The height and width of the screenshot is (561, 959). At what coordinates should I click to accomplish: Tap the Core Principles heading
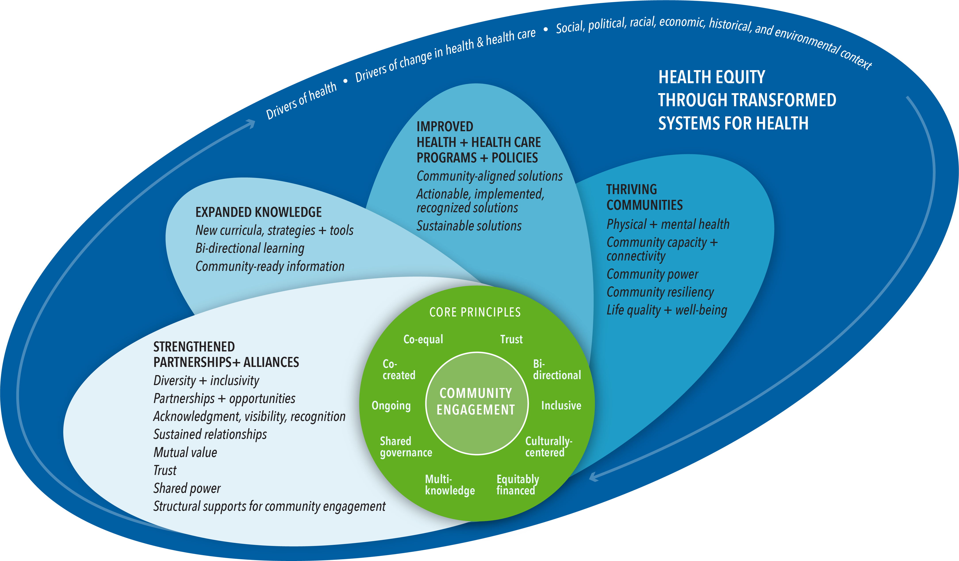pyautogui.click(x=475, y=312)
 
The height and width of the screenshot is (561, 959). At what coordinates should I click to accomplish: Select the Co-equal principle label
pyautogui.click(x=423, y=339)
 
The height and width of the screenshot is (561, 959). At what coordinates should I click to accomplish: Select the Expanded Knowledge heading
pyautogui.click(x=258, y=212)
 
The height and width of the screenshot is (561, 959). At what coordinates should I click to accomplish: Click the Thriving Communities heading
pyautogui.click(x=644, y=197)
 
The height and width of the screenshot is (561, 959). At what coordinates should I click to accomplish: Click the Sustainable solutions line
pyautogui.click(x=469, y=226)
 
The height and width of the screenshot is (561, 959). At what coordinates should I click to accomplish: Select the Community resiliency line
pyautogui.click(x=660, y=292)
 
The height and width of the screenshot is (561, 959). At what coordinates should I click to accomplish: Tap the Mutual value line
pyautogui.click(x=185, y=453)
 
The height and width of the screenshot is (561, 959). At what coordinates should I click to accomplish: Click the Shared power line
pyautogui.click(x=187, y=488)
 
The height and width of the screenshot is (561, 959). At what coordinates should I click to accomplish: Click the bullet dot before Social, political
pyautogui.click(x=545, y=29)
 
